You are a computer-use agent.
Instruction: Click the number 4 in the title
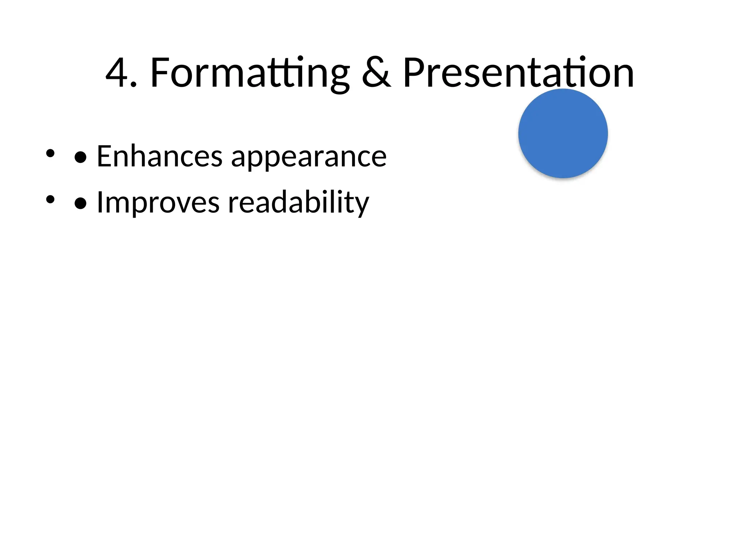pyautogui.click(x=118, y=73)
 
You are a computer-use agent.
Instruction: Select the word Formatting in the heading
pyautogui.click(x=250, y=73)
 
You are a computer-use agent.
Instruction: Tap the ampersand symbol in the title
pyautogui.click(x=376, y=73)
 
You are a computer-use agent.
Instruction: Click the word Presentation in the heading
pyautogui.click(x=518, y=73)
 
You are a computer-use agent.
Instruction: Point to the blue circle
pyautogui.click(x=563, y=133)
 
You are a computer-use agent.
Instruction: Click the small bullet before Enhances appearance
pyautogui.click(x=50, y=153)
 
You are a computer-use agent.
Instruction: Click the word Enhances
pyautogui.click(x=160, y=156)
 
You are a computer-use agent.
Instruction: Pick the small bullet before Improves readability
pyautogui.click(x=50, y=199)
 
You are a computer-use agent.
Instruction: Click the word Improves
pyautogui.click(x=158, y=203)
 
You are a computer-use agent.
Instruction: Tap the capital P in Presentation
pyautogui.click(x=412, y=73)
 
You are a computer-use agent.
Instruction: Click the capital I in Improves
pyautogui.click(x=100, y=203)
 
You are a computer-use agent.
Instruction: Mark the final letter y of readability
pyautogui.click(x=362, y=206)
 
